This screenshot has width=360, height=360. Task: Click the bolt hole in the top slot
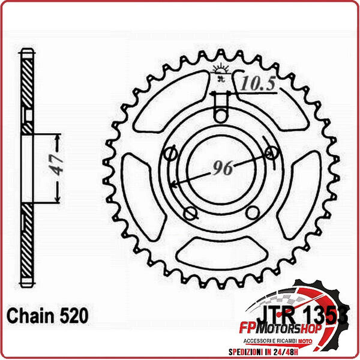click(221, 115)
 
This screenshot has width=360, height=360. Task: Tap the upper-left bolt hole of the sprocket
click(170, 154)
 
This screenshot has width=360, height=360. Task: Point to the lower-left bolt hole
click(190, 213)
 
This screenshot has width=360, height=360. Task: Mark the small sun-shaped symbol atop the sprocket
click(221, 71)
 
